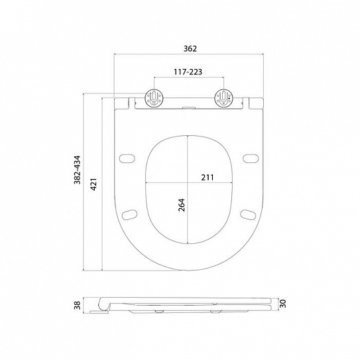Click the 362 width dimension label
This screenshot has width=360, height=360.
coord(190,48)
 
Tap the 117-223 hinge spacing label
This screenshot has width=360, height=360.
coord(188,72)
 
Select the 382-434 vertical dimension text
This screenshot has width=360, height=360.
coord(77,170)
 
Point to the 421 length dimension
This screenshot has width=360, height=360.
coord(93,184)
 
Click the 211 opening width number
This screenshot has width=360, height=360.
coord(208,178)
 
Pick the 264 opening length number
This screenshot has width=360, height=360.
coord(181,205)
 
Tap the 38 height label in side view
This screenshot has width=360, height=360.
coord(78,306)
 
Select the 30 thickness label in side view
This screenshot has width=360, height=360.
coord(282,303)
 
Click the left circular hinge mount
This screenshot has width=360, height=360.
coord(154,97)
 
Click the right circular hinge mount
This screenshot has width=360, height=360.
coord(223,97)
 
